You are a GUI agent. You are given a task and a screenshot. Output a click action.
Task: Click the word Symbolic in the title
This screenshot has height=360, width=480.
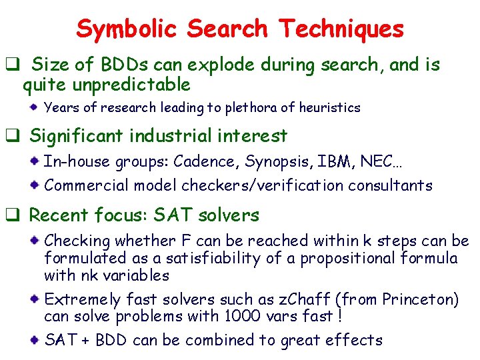click(x=127, y=29)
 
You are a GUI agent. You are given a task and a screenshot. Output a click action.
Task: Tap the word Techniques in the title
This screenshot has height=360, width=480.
click(x=341, y=29)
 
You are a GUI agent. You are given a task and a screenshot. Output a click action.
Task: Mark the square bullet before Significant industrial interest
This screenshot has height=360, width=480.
click(x=11, y=137)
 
